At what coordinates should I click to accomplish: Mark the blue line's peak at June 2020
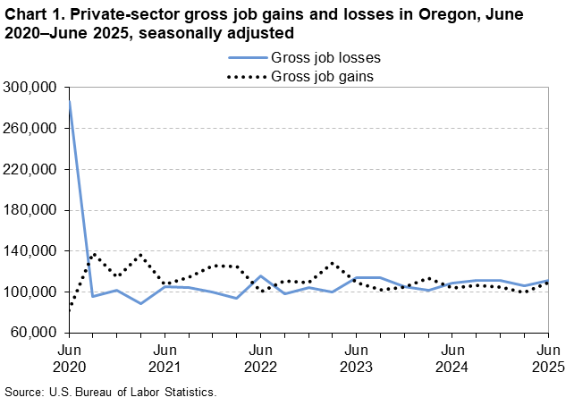(70, 102)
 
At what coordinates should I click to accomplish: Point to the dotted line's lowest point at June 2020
(70, 307)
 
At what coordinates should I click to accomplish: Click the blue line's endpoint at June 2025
(548, 281)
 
